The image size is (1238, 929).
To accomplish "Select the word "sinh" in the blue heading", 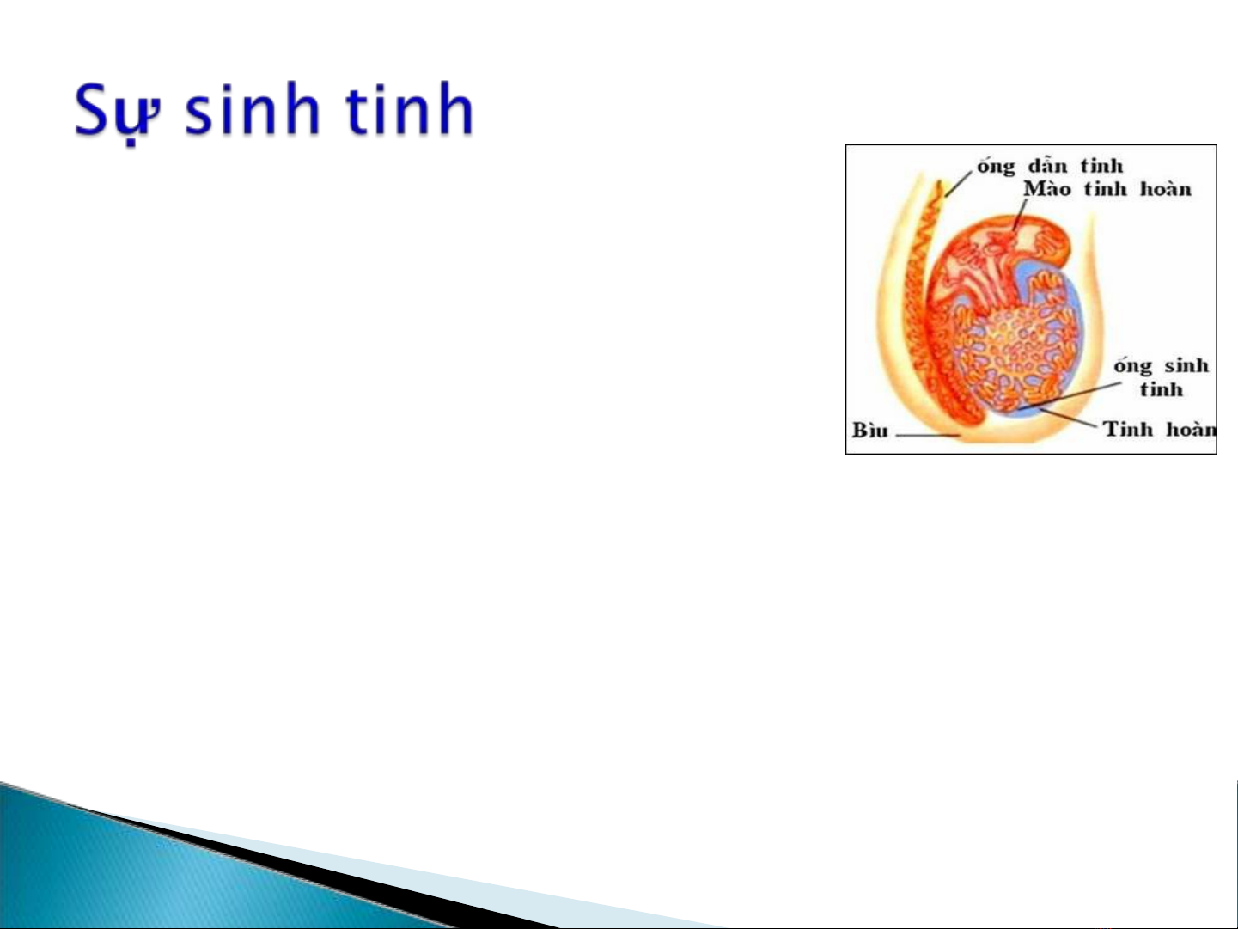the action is [x=253, y=108].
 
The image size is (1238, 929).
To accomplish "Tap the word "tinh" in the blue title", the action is [x=410, y=108].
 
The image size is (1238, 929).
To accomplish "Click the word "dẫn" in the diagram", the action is [x=1047, y=165].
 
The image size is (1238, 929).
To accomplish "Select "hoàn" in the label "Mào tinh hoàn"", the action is [x=1166, y=188].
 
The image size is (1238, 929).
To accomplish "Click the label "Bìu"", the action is [x=869, y=431].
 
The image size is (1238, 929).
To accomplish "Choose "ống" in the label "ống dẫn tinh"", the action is [x=996, y=167].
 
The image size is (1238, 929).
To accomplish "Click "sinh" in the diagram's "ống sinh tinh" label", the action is [x=1186, y=365].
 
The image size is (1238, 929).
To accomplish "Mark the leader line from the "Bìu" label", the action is [x=928, y=435].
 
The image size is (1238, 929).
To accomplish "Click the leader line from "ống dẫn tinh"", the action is [x=959, y=183].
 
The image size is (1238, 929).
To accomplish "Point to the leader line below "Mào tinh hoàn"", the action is [x=1019, y=215].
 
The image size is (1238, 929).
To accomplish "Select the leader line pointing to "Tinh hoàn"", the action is [x=1068, y=418].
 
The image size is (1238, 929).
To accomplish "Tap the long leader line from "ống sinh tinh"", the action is [x=1070, y=394].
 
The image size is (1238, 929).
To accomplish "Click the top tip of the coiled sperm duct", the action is [x=940, y=181].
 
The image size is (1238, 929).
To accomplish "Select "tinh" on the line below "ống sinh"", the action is [x=1162, y=389].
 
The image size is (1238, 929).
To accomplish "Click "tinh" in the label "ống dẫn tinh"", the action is [x=1101, y=165].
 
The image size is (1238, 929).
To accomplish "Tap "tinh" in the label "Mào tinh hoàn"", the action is [x=1105, y=188].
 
